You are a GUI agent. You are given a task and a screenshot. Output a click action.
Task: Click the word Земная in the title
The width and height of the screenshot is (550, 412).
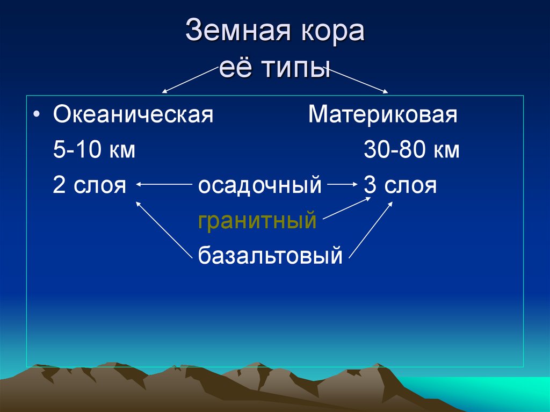tap(238, 30)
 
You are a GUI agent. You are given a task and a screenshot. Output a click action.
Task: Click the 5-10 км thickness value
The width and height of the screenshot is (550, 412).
tap(94, 149)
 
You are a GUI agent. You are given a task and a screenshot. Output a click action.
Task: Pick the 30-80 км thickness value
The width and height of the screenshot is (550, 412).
tap(411, 149)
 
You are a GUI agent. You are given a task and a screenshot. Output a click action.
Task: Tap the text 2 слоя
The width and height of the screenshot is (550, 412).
tap(90, 185)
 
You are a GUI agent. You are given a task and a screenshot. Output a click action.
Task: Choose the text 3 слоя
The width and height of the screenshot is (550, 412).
tap(400, 185)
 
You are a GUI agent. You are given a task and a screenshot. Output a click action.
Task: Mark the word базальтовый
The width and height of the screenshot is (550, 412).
tap(270, 256)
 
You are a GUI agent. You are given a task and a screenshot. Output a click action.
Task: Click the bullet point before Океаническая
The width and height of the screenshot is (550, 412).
tap(37, 114)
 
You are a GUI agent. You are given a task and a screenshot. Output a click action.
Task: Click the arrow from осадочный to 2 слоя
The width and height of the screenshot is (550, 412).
tap(164, 184)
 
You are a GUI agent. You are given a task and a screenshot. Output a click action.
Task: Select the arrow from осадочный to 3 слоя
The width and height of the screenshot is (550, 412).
tap(343, 184)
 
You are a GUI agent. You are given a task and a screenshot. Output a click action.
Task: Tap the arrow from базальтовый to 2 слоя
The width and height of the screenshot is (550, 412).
tap(164, 230)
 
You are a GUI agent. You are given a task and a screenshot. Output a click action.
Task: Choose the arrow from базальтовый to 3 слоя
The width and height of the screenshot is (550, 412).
tap(371, 230)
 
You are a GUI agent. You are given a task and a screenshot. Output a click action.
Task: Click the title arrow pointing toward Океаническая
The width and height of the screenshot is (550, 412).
tap(190, 79)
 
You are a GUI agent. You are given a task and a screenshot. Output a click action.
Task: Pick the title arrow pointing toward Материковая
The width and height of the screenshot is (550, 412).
tap(358, 81)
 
